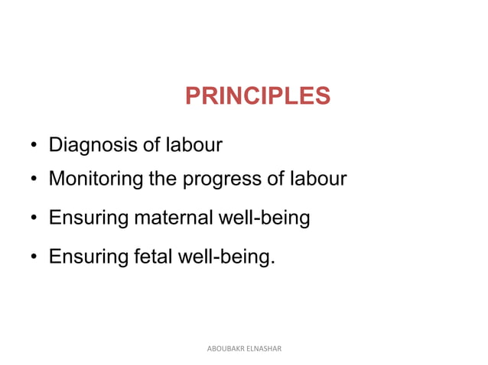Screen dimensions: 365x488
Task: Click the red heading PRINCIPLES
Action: pos(258,96)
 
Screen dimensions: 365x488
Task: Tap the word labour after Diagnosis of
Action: pos(194,144)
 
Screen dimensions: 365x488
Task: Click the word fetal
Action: pos(153,257)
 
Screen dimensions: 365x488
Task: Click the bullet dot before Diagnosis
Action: pos(34,146)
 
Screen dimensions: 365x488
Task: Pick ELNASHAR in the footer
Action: pos(264,348)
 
